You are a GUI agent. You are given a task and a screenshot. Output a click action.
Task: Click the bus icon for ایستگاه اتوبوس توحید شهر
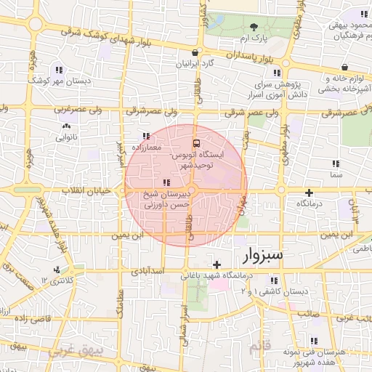(195, 142)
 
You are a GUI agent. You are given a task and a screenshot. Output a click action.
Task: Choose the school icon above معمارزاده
(146, 136)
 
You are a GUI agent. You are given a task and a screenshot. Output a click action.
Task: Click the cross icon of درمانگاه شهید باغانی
(216, 263)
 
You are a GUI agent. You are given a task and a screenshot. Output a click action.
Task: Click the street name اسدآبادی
(149, 272)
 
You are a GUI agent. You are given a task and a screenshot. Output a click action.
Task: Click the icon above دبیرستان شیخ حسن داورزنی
(166, 182)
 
